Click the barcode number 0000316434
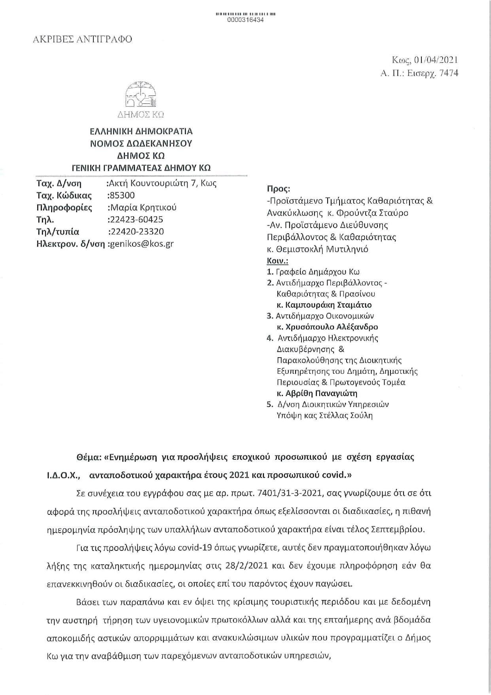(x=245, y=20)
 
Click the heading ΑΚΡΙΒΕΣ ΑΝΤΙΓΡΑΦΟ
(x=82, y=39)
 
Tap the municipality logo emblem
(x=141, y=95)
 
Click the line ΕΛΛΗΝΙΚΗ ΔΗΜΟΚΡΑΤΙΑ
(x=141, y=131)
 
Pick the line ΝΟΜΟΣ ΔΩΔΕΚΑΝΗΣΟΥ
(x=141, y=143)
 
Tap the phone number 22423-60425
(x=136, y=219)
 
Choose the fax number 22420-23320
(x=136, y=232)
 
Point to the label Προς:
(x=279, y=189)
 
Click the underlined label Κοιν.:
(x=278, y=261)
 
